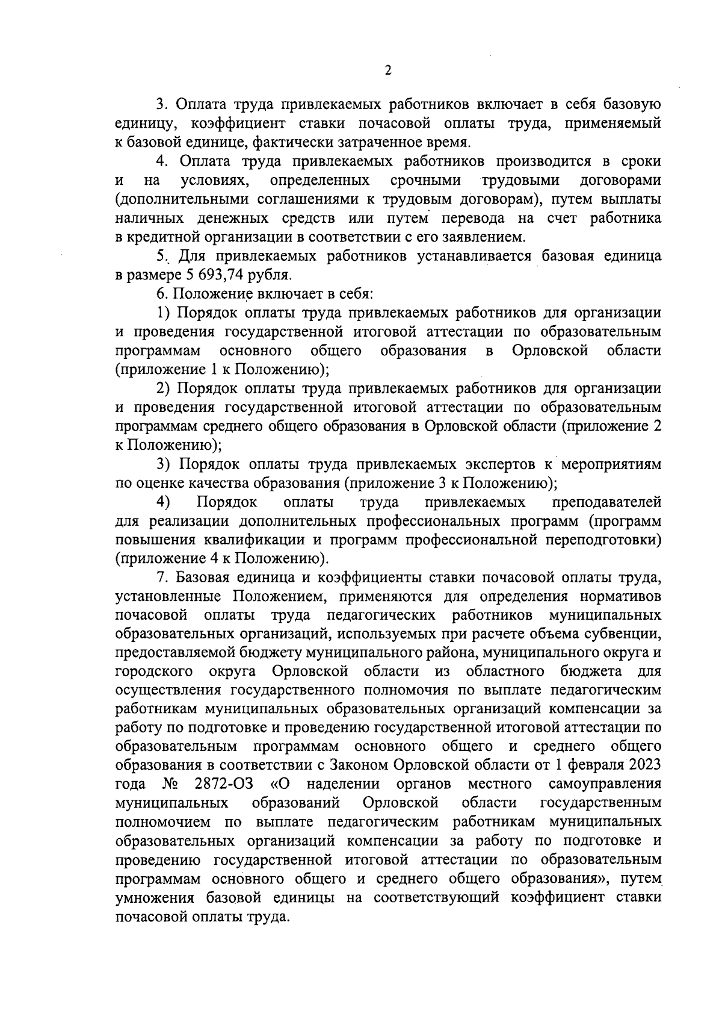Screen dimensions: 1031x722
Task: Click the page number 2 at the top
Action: [388, 71]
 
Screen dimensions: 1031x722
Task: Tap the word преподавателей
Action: [606, 502]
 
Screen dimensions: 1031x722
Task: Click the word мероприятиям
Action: [610, 464]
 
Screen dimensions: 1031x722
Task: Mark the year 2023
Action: [647, 765]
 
